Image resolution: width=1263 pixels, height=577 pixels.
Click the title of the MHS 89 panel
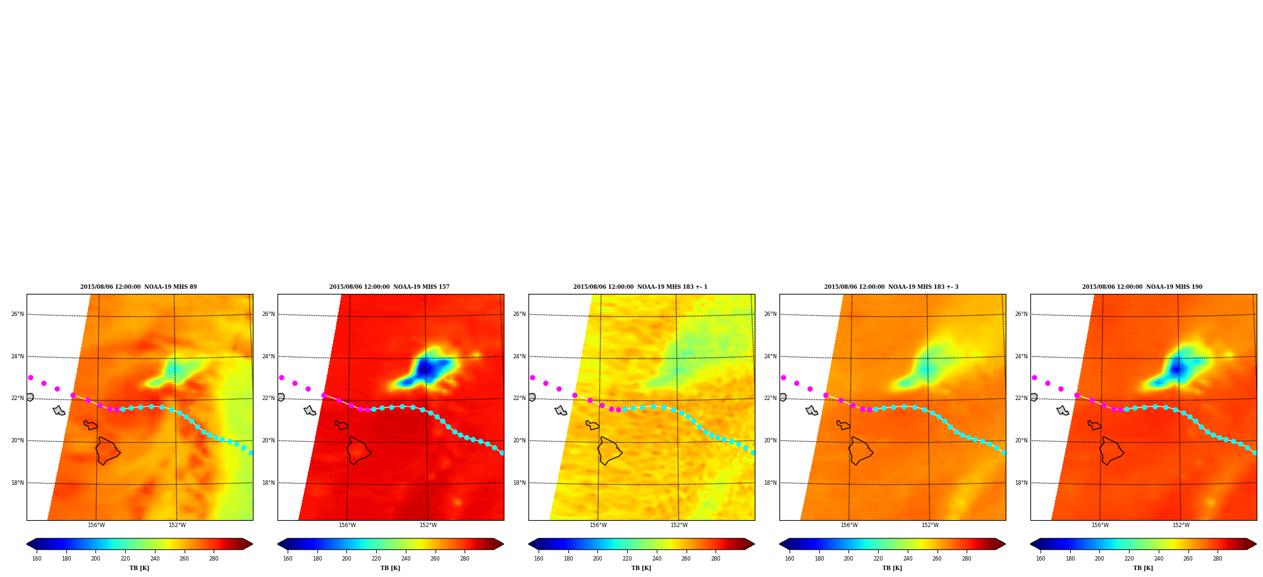coord(138,287)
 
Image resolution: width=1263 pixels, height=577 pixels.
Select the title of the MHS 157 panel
coord(389,287)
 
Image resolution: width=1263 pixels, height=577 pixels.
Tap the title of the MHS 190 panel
coord(1142,287)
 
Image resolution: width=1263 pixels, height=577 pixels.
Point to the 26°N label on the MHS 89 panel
coord(18,314)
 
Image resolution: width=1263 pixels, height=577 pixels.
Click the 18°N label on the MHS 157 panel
coord(269,483)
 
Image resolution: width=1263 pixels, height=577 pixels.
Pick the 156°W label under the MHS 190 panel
coord(1100,525)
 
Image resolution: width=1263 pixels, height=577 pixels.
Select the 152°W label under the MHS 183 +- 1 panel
coord(679,525)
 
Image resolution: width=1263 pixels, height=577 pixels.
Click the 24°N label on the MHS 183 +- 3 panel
coord(771,356)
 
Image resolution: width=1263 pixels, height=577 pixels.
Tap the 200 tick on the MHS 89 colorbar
coord(95,559)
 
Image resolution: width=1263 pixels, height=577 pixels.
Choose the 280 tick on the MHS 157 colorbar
coord(465,559)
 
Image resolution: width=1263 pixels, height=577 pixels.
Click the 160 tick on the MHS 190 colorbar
coord(1040,559)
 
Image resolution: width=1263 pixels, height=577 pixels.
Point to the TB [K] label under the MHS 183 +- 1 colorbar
coord(641,568)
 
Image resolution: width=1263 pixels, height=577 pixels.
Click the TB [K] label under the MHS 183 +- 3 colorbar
coord(892,568)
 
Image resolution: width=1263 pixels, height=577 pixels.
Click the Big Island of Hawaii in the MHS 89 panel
coord(107,451)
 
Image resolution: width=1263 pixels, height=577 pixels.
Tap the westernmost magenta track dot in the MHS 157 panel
coord(281,377)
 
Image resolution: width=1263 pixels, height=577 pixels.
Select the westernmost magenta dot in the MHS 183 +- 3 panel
coord(783,377)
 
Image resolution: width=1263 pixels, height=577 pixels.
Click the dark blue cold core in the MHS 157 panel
coord(426,368)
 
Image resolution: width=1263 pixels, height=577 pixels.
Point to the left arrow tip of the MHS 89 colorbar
coord(27,544)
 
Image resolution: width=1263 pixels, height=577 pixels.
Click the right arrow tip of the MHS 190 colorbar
coord(1257,544)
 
